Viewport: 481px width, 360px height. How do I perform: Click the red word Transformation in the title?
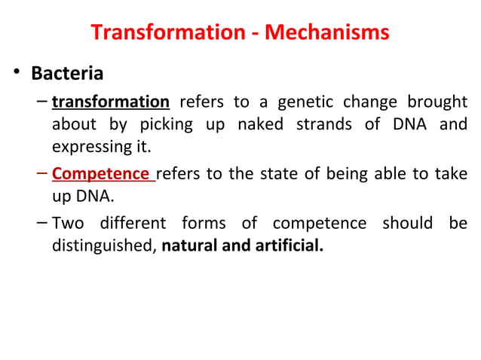[158, 33]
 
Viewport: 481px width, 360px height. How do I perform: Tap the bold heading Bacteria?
[67, 75]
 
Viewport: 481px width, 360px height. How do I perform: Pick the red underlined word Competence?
[101, 174]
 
